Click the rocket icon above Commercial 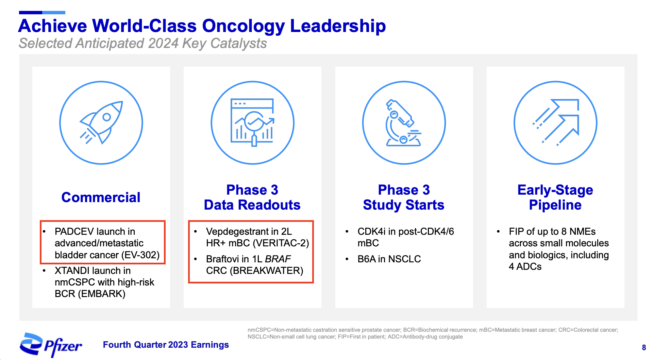tap(101, 122)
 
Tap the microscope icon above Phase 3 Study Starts tap(404, 122)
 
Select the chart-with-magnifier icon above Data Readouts tap(252, 122)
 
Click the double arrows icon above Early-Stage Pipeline tap(555, 122)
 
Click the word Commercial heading tap(101, 197)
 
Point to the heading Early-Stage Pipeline tap(555, 197)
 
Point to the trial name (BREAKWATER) tap(266, 271)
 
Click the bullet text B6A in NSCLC tap(389, 259)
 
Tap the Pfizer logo tap(51, 345)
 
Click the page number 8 tap(643, 347)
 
